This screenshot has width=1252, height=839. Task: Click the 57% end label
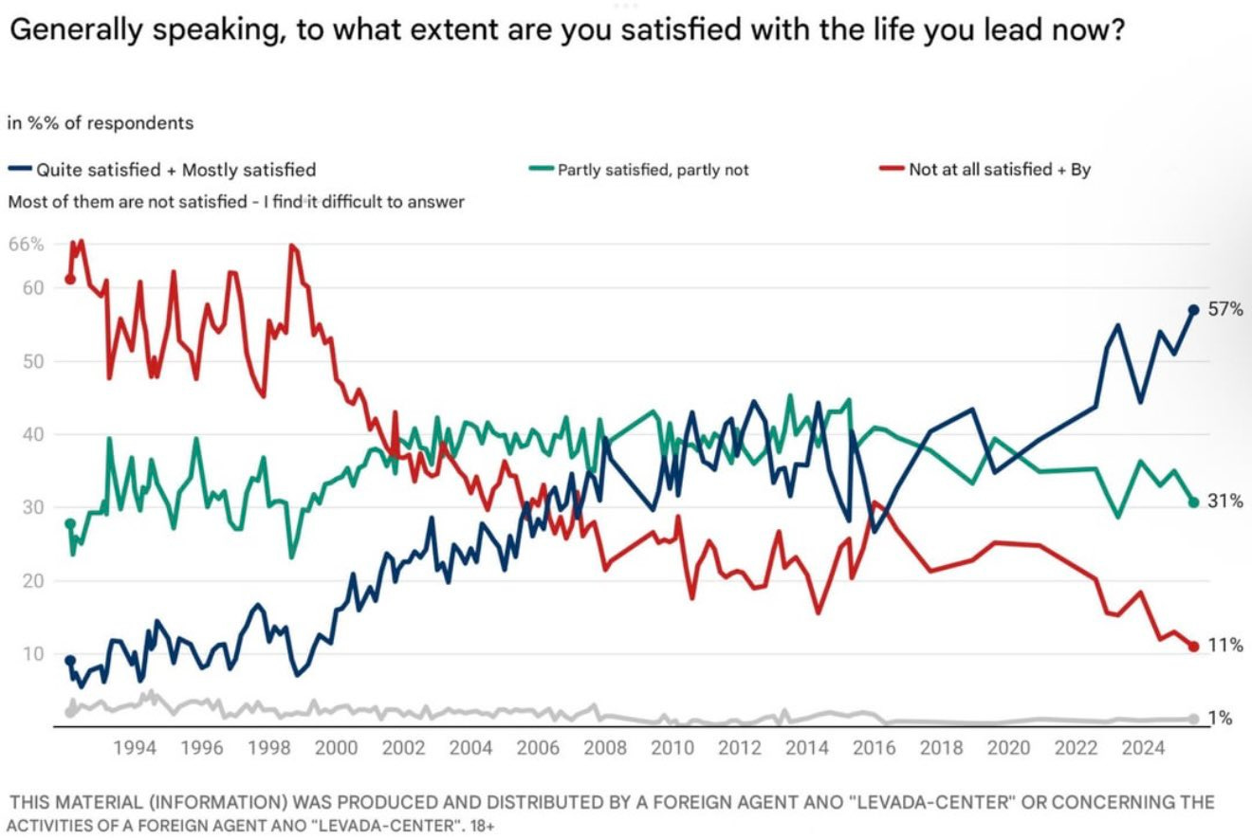click(1224, 310)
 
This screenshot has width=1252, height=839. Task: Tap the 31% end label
click(1224, 502)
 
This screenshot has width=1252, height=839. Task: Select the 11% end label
click(1224, 646)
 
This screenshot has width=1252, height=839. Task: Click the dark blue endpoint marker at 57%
click(1193, 310)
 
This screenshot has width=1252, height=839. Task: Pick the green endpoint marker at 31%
click(1193, 502)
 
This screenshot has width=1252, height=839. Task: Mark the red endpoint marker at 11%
click(1193, 647)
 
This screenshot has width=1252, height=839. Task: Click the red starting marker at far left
click(69, 279)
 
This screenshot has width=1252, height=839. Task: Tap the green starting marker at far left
click(69, 523)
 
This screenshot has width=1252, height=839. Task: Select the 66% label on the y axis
click(27, 245)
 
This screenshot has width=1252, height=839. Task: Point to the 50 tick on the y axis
click(32, 361)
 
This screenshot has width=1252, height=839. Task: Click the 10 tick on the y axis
click(32, 653)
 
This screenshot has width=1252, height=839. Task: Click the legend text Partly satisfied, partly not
click(653, 170)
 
